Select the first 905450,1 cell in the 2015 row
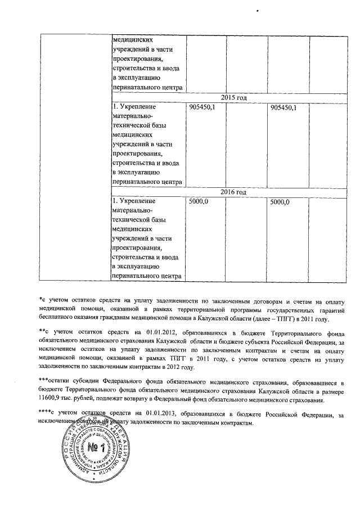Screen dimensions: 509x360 [202, 107]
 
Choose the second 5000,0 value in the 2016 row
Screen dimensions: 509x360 [280, 201]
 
